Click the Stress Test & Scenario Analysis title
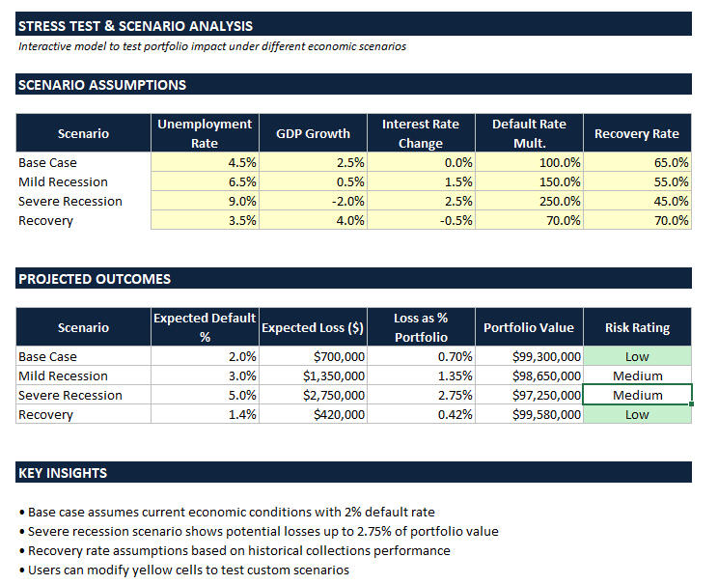[135, 26]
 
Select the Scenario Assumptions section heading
[101, 85]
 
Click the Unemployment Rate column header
[204, 133]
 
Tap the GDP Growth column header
[313, 133]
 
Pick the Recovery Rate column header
[637, 133]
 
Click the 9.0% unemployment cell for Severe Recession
[204, 201]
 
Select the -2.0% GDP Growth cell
[313, 201]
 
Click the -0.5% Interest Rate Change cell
[421, 220]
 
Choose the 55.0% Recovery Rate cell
[637, 181]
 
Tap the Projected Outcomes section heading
[94, 279]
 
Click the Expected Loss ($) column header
[313, 327]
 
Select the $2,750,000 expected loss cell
[313, 395]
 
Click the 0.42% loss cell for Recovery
[421, 414]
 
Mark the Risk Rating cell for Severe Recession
[637, 395]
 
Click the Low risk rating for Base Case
[637, 356]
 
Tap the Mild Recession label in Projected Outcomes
[63, 375]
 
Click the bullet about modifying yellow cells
[188, 570]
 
